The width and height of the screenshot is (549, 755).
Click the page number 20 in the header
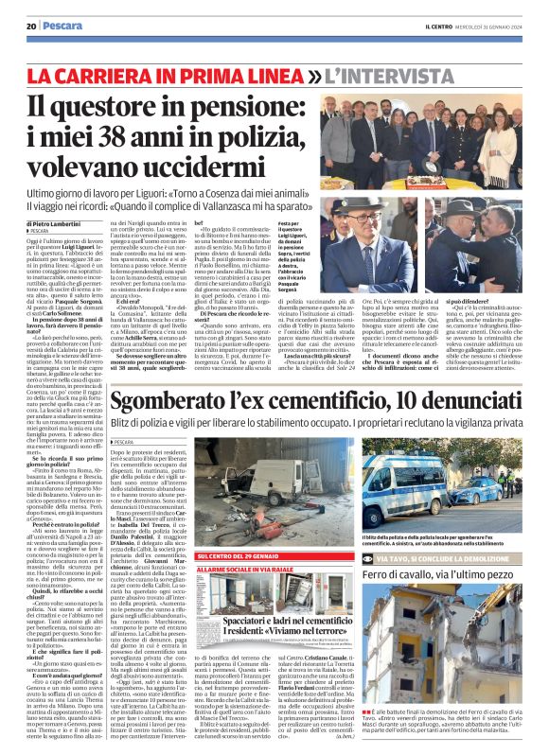point(31,26)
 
